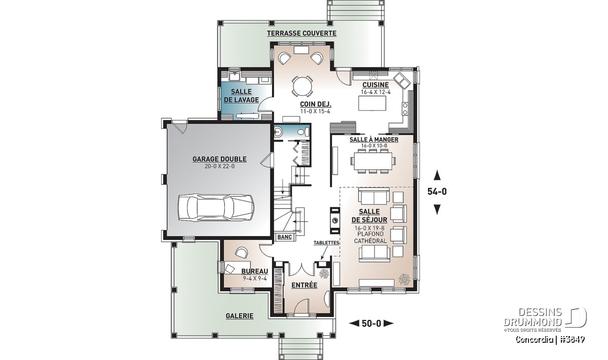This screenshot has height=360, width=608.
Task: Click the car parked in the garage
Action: (216, 207)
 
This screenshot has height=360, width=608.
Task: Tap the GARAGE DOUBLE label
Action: (219, 159)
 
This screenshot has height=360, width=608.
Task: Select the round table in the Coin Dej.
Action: (302, 86)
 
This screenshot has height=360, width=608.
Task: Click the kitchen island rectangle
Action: (372, 103)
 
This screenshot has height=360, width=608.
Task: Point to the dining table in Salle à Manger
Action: (373, 162)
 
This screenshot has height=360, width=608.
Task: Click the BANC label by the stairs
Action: (284, 237)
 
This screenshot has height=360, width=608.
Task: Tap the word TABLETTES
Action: (326, 243)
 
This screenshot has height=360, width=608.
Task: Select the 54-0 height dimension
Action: (437, 191)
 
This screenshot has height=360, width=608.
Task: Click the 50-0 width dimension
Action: (371, 324)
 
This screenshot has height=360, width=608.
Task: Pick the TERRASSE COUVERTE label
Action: (301, 33)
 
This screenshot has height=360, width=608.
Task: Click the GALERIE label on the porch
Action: (239, 316)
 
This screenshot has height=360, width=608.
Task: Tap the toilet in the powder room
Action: (303, 132)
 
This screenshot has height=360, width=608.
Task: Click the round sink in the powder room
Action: (278, 132)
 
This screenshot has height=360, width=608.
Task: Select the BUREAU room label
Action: (254, 271)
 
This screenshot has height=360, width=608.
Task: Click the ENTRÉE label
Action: (305, 285)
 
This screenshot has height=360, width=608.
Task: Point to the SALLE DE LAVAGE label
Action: (242, 96)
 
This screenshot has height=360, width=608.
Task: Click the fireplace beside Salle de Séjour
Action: (335, 221)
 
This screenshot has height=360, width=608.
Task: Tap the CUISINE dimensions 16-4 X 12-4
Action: (375, 92)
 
